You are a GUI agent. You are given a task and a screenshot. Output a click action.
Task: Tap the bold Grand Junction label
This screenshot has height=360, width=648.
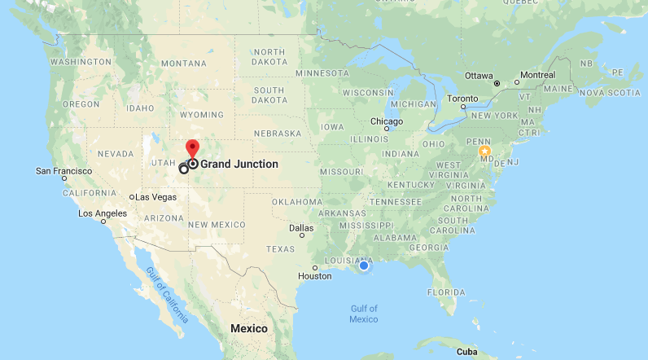click(x=239, y=164)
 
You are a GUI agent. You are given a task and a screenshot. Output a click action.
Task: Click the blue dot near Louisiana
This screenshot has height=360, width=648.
click(x=364, y=266)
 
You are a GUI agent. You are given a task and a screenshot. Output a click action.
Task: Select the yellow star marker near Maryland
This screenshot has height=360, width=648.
click(x=485, y=151)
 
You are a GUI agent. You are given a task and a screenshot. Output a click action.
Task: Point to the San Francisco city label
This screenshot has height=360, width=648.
click(x=64, y=171)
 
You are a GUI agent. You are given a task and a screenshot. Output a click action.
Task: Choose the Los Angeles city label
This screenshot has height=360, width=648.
click(x=103, y=213)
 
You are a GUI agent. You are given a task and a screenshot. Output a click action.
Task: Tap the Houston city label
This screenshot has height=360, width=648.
click(x=315, y=276)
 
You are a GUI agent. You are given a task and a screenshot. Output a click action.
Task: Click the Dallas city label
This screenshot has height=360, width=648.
click(x=300, y=228)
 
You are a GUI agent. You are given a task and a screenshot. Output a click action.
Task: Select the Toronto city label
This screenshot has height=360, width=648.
click(x=463, y=99)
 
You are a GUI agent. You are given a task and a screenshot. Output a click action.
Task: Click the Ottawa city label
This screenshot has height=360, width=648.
click(x=479, y=76)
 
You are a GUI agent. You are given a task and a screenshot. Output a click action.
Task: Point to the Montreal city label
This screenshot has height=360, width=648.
click(x=537, y=75)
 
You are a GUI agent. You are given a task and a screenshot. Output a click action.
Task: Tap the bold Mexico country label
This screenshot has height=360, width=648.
click(x=248, y=328)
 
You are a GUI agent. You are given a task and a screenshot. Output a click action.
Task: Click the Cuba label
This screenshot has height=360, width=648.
click(x=466, y=352)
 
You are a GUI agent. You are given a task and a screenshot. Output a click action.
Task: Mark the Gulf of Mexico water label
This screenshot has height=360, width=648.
click(x=364, y=314)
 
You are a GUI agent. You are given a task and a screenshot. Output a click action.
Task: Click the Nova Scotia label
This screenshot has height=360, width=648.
click(x=610, y=93)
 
